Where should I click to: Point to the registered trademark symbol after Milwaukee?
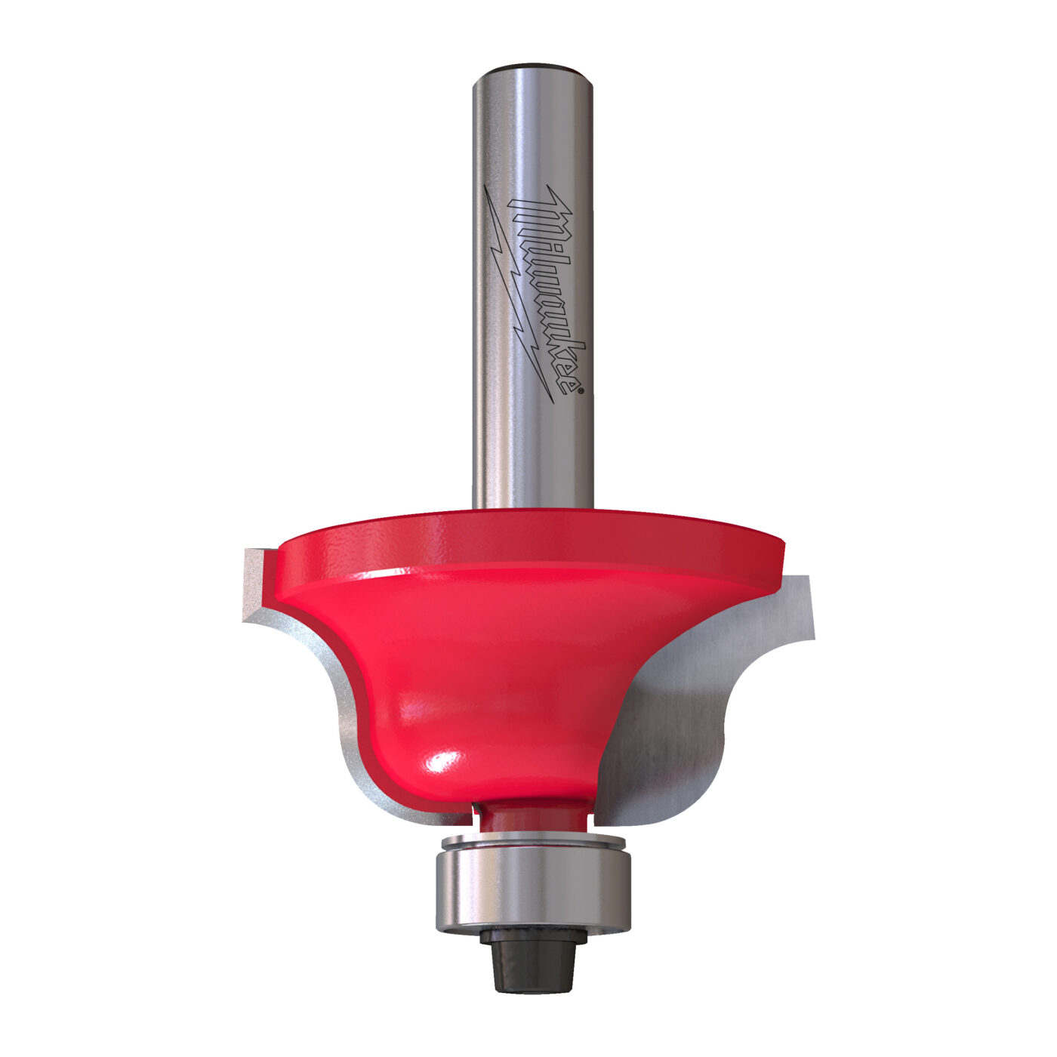581,390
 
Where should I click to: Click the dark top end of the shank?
532,68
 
